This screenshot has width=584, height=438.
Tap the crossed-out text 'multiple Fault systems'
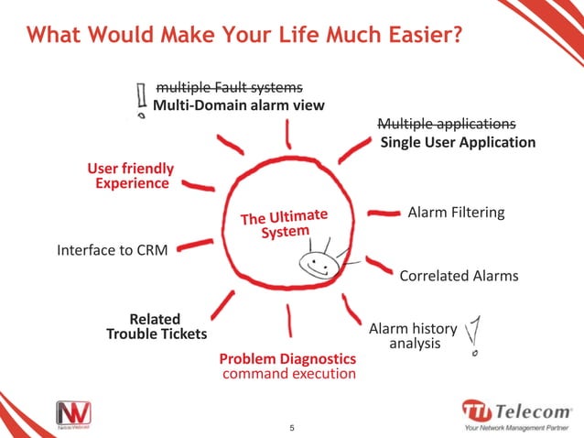pos(229,87)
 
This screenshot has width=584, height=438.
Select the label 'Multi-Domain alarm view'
pos(238,105)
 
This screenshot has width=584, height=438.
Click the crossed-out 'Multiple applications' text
pos(447,124)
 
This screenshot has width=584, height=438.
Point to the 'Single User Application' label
pos(458,143)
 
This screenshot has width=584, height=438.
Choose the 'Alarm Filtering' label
pos(456,213)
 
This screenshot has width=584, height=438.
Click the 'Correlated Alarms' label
pos(459,276)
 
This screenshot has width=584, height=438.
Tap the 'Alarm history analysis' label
pos(406,336)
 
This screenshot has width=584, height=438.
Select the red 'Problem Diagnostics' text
pos(287,357)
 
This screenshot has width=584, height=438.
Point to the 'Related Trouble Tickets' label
pos(157,327)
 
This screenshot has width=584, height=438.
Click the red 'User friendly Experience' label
pos(131,176)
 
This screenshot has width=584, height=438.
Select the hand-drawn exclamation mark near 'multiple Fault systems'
pos(141,102)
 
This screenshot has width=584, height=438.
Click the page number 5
pos(291,427)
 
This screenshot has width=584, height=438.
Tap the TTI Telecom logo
pos(514,413)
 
